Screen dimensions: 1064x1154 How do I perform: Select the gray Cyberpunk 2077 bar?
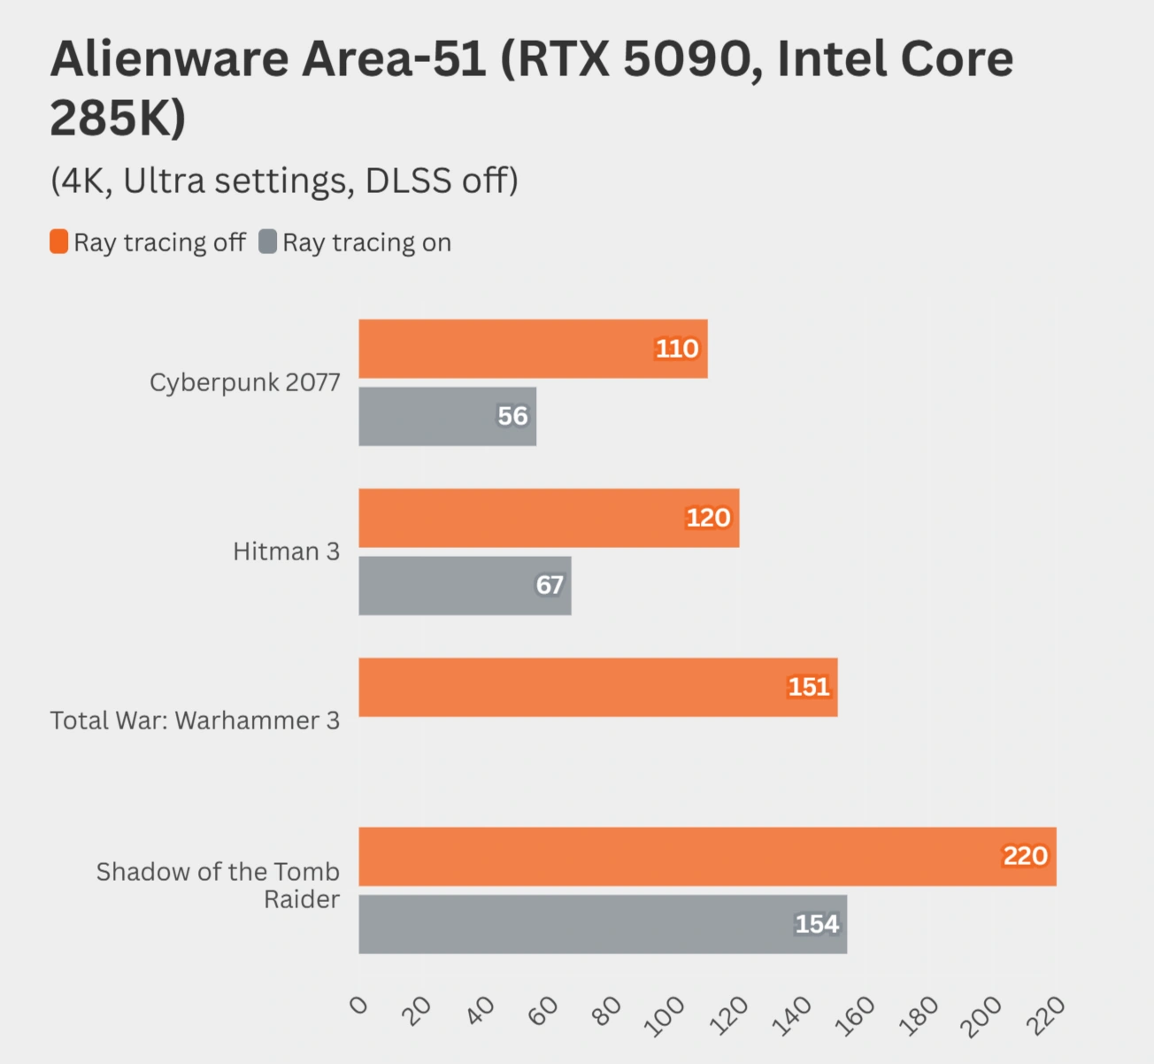coord(447,416)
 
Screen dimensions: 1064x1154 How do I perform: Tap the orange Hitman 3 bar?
coord(549,518)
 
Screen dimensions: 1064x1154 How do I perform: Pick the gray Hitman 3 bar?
coord(465,585)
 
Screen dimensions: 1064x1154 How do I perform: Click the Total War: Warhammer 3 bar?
coord(597,687)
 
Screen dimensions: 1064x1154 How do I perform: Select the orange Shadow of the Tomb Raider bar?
coord(707,857)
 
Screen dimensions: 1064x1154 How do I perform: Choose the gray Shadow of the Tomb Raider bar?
coord(603,924)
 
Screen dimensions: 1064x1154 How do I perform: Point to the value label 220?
coord(1025,856)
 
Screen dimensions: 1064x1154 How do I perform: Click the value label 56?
coord(512,416)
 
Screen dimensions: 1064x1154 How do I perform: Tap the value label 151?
coord(809,687)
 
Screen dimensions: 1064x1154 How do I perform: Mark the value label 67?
coord(550,585)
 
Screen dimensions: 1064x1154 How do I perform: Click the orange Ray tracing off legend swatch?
coord(58,242)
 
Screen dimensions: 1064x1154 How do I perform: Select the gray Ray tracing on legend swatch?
coord(267,242)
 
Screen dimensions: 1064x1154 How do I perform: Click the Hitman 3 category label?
coord(286,551)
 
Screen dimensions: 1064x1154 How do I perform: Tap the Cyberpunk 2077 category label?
coord(244,382)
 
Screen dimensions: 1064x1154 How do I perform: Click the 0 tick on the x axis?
coord(358,1005)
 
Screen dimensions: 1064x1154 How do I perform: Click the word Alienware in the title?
coord(170,59)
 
